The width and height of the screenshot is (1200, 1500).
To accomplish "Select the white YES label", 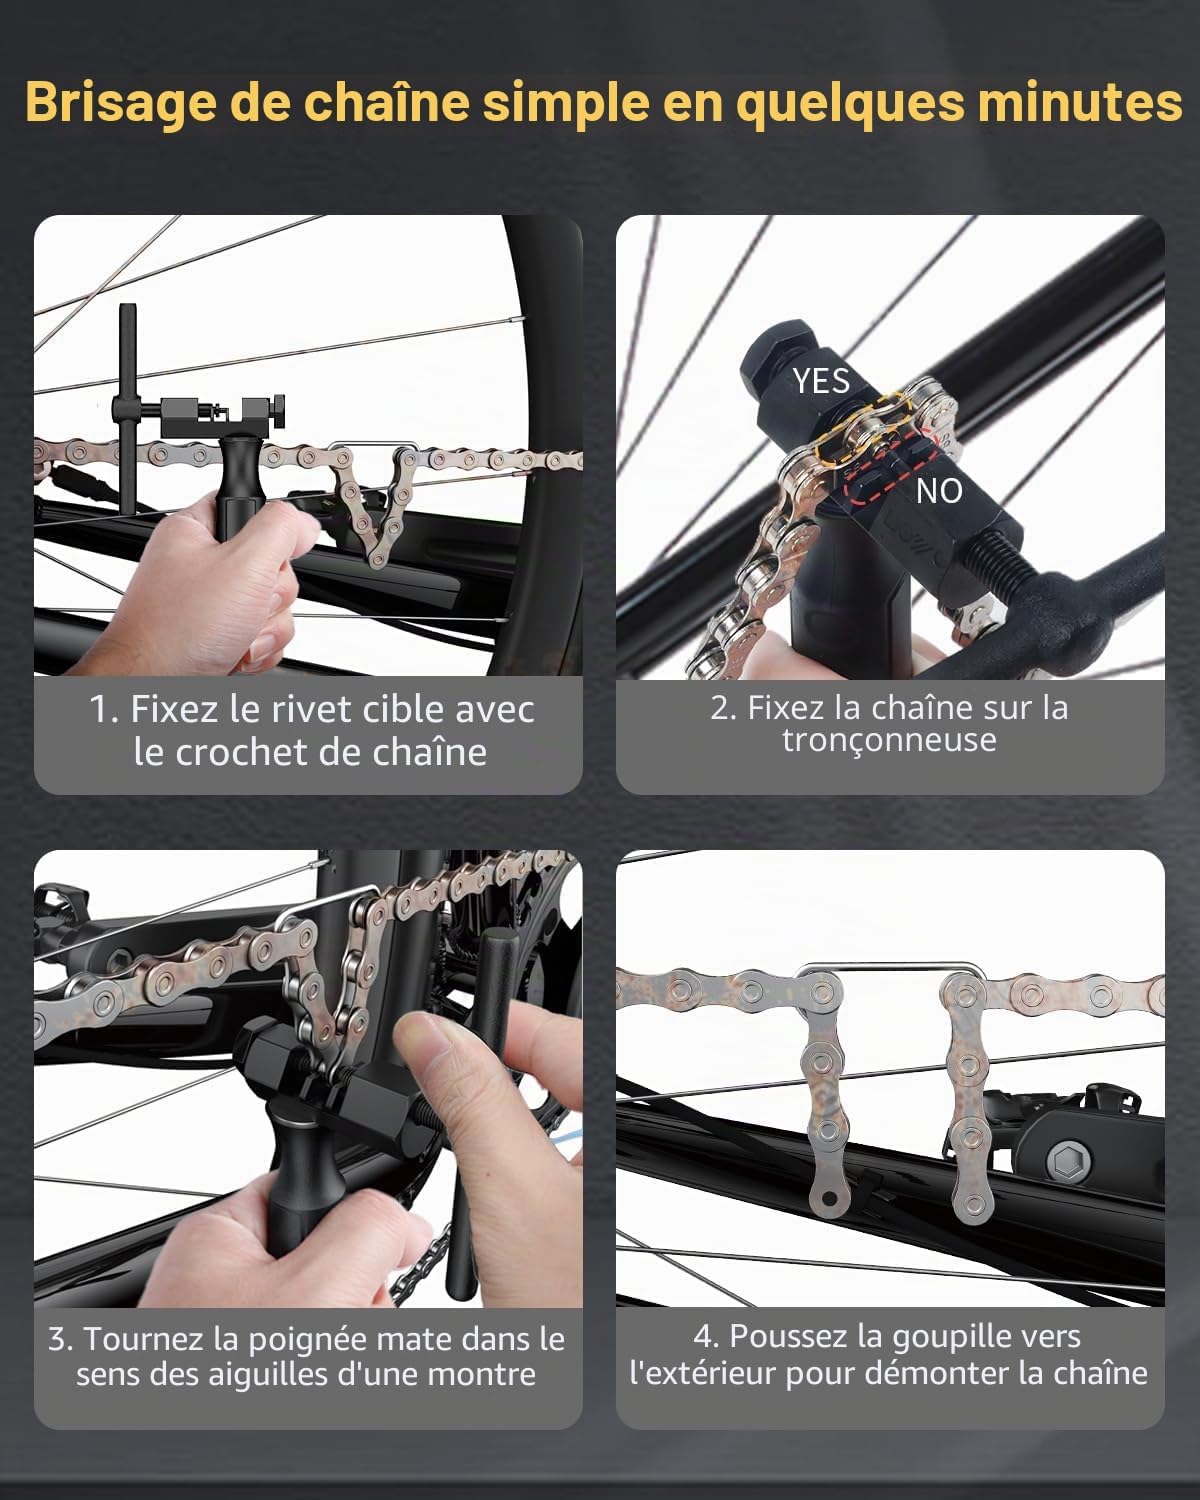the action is [821, 381].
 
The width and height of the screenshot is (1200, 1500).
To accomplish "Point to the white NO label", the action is [939, 491].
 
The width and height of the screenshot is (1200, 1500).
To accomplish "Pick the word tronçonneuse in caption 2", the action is [889, 740].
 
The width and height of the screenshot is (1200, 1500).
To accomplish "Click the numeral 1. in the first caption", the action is [105, 710].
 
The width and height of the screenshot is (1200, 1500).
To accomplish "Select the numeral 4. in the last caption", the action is [707, 1336].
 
